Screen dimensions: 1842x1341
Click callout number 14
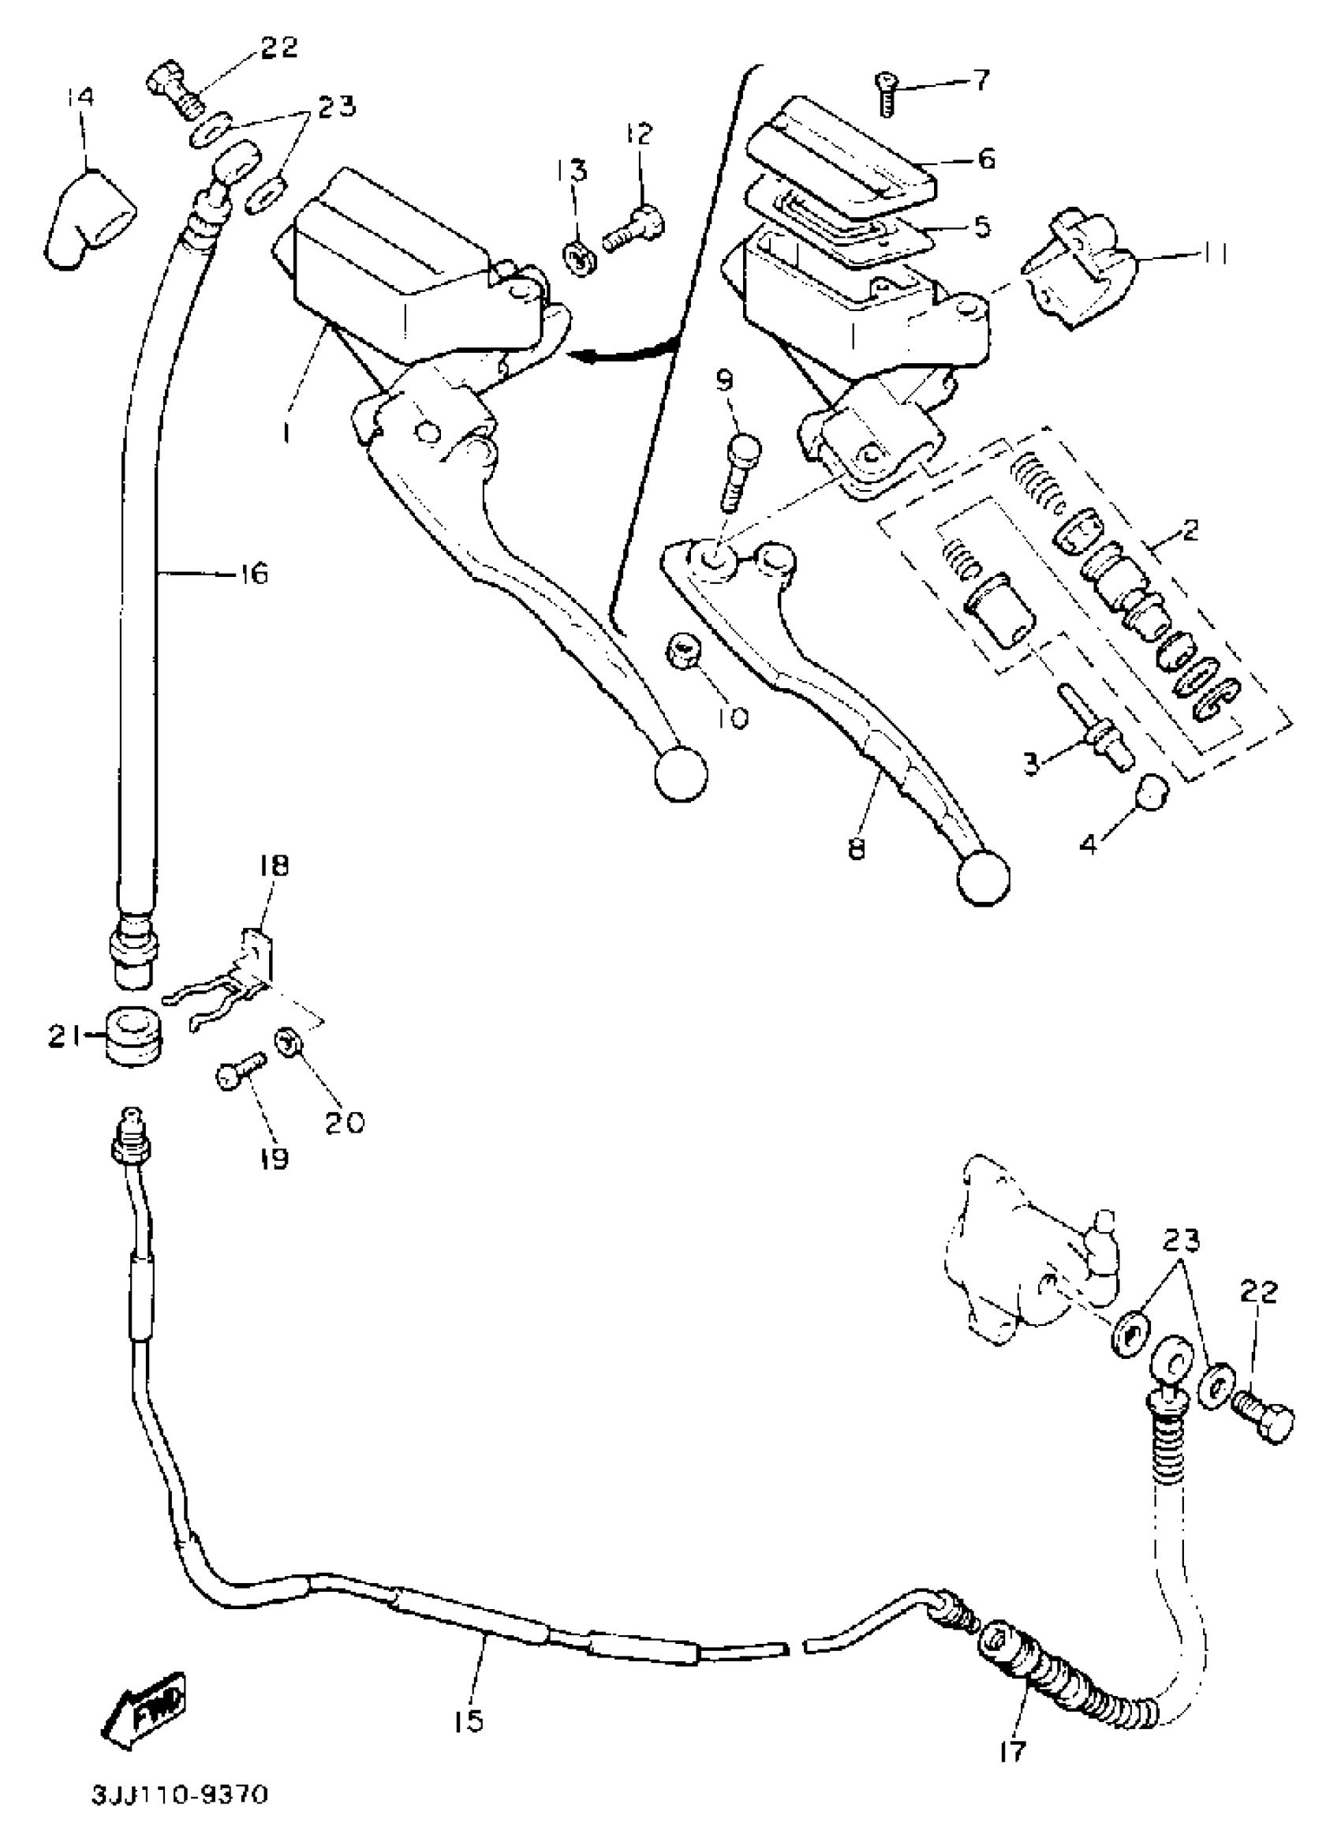pos(80,97)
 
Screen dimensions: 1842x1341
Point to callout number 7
pos(980,80)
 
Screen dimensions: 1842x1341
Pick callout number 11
pos(1212,253)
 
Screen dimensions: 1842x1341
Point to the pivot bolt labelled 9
pos(739,471)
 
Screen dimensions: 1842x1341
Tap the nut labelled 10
pos(686,651)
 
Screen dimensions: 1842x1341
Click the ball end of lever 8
pos(984,877)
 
